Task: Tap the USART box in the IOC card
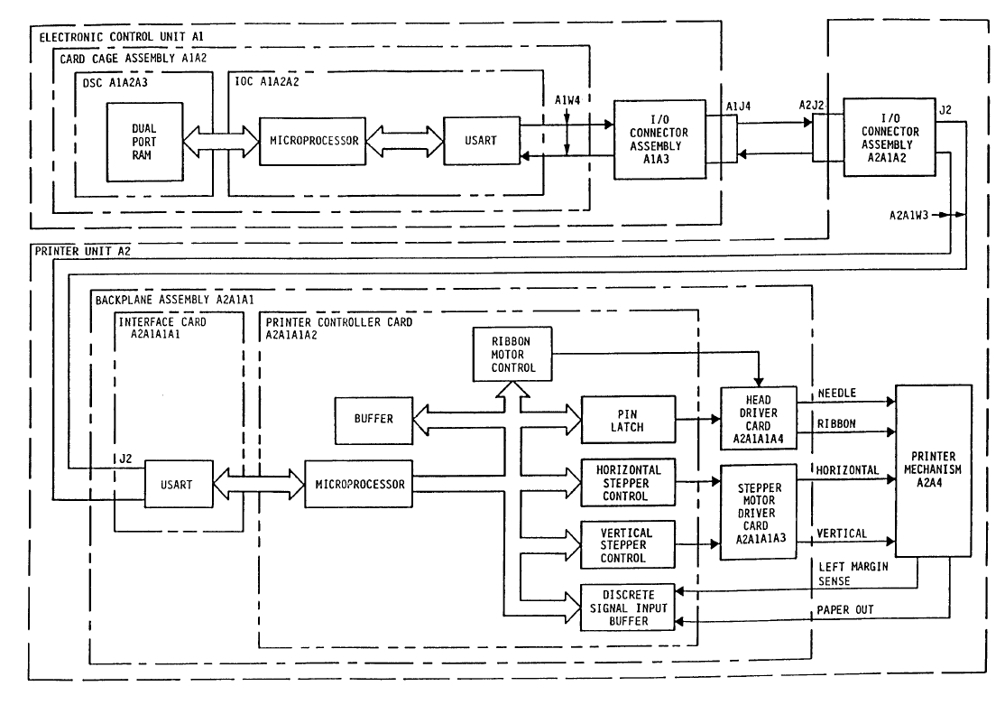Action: click(482, 142)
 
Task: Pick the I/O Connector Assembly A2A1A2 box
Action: click(890, 136)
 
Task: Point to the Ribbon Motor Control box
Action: click(512, 354)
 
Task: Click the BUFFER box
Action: click(372, 421)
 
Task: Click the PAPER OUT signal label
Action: click(844, 609)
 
